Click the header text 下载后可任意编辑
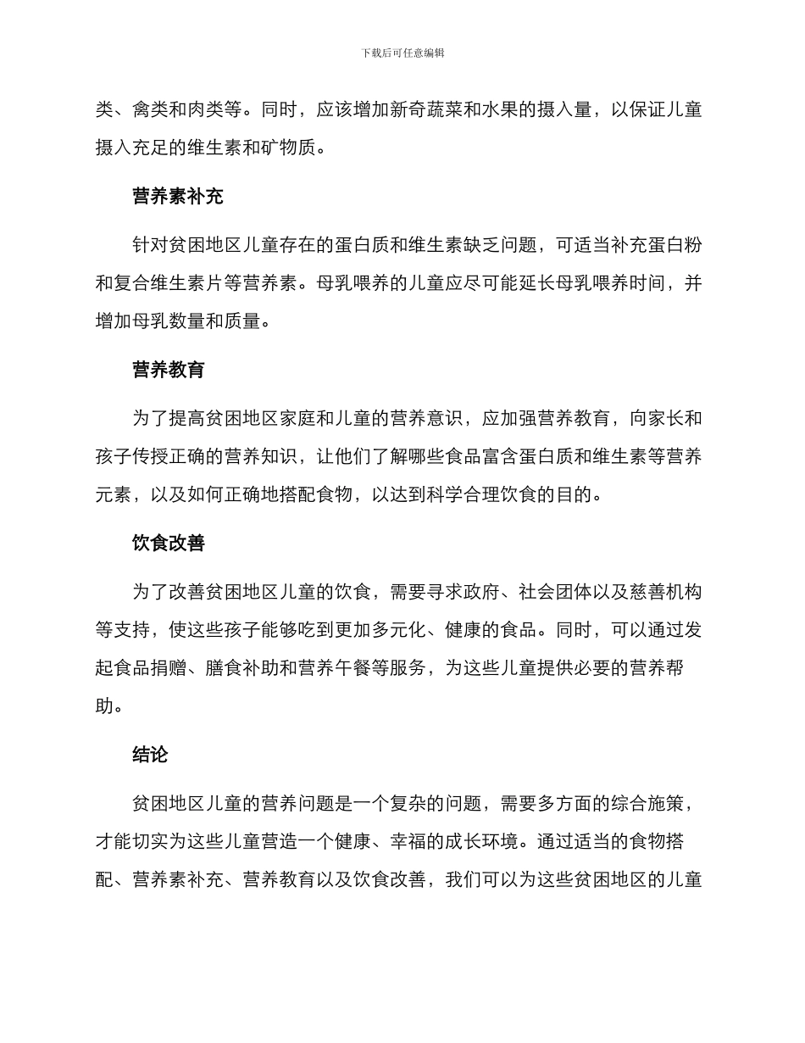pos(402,53)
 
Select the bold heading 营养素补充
pos(178,197)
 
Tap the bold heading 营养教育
pos(169,370)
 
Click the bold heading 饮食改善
pos(169,544)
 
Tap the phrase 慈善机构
pos(666,592)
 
